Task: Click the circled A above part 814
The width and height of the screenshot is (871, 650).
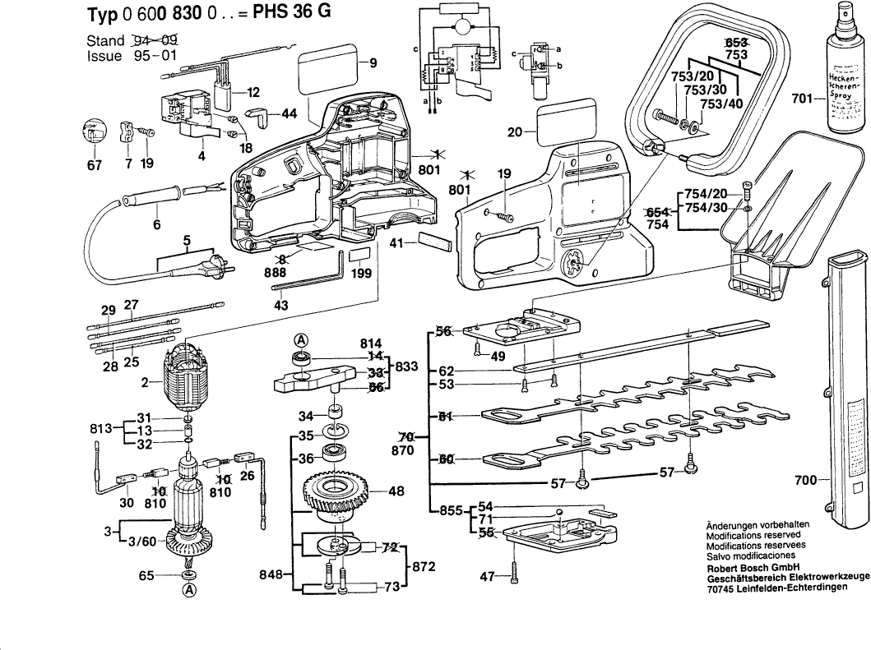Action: click(x=302, y=341)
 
